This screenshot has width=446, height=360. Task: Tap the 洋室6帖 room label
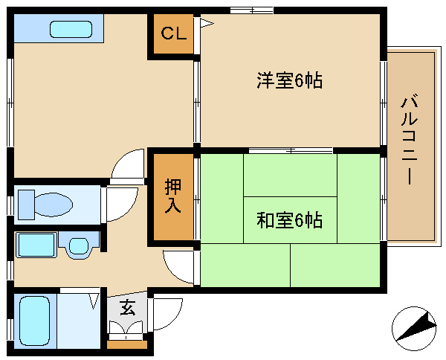pos(289,81)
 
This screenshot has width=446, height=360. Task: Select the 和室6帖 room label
pos(289,221)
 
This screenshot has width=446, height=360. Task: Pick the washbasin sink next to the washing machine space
pos(79,245)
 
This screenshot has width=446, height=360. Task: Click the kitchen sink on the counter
pos(71,30)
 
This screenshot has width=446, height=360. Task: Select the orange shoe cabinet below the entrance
pos(127,344)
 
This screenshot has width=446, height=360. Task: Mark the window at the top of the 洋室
pos(251,10)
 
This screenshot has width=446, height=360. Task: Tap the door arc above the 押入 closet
pos(129,166)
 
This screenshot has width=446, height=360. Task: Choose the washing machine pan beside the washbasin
pos(35,245)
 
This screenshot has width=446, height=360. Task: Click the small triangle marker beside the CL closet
pos(205,24)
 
